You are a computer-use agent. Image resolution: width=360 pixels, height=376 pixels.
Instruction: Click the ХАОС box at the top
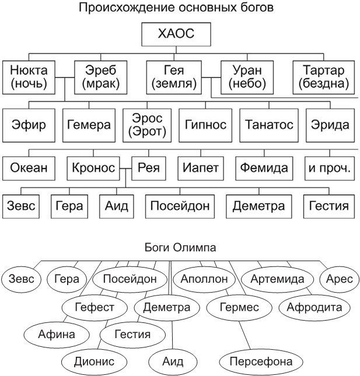tap(175, 35)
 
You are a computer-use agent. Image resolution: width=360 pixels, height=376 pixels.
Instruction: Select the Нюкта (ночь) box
tap(29, 77)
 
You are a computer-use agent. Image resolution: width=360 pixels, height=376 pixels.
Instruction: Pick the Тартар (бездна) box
tap(323, 77)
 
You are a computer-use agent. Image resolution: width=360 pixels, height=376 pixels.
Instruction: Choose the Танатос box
tap(268, 125)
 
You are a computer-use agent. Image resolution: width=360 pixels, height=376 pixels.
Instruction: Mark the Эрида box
tap(330, 125)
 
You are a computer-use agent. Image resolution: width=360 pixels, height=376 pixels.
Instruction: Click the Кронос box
tap(93, 169)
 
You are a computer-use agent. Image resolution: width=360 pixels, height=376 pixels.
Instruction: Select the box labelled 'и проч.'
tap(330, 169)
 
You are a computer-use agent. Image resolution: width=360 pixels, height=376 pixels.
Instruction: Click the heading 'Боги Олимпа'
tap(180, 248)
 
